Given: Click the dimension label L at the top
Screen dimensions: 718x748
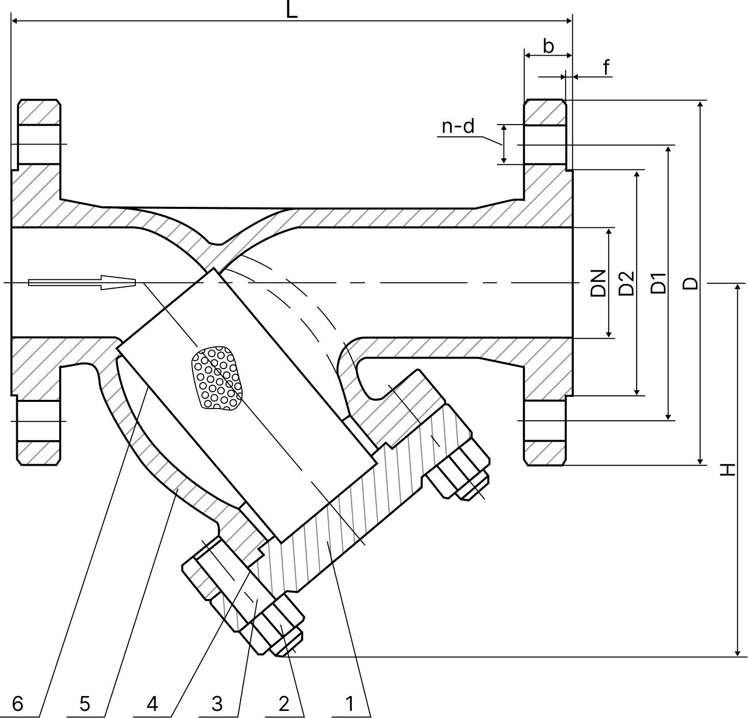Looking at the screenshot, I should pos(292,10).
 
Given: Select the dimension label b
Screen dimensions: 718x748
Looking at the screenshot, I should pos(548,46).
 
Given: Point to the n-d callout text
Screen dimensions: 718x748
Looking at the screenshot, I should pos(458,126).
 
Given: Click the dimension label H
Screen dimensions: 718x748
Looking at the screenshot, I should pos(728,469).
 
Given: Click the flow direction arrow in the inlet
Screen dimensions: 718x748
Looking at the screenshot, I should pos(82,282).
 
